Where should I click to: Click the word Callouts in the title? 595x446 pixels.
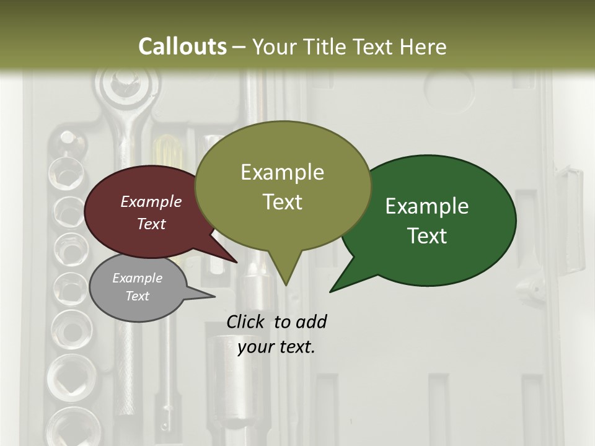(x=182, y=46)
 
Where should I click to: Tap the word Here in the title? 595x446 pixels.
(x=422, y=46)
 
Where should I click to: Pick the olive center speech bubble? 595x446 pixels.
(x=283, y=186)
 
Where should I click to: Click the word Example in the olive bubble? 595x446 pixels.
(x=282, y=172)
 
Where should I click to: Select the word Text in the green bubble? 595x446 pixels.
(x=427, y=236)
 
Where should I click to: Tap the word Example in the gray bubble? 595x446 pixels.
(x=137, y=278)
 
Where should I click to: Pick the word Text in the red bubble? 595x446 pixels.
(x=151, y=224)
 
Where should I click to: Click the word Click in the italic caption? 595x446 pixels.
(x=245, y=322)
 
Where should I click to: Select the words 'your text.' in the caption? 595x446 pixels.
(x=276, y=347)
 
